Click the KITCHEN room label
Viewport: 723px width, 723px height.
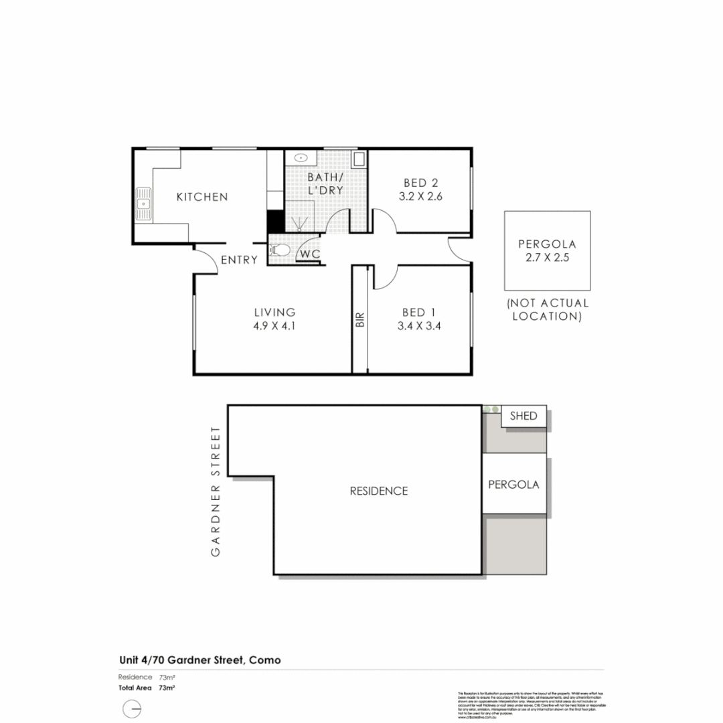(202, 197)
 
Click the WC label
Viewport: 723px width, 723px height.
(309, 254)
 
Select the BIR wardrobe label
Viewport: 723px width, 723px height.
(360, 319)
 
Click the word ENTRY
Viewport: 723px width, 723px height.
(239, 260)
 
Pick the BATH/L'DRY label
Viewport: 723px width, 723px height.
(325, 183)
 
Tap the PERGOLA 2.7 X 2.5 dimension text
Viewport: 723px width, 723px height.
(547, 258)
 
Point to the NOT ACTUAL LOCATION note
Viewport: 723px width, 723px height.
(547, 309)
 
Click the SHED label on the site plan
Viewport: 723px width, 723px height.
(523, 416)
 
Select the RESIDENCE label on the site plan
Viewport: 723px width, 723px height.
(378, 491)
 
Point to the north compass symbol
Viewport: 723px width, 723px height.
(133, 708)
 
